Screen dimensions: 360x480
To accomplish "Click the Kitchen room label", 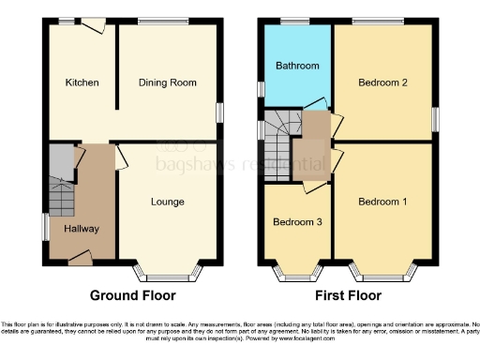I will (x=82, y=82).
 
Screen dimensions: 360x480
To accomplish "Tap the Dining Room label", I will (x=168, y=82).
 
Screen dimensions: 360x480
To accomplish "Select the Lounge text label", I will (x=168, y=202).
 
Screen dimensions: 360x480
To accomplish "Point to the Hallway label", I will (x=82, y=229).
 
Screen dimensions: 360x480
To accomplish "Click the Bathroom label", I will (x=296, y=67).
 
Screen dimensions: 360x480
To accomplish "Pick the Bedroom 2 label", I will (x=382, y=82).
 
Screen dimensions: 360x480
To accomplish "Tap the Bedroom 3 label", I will (x=296, y=222).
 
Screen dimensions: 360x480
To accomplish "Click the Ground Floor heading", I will (x=132, y=294).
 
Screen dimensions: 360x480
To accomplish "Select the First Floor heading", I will (x=347, y=294).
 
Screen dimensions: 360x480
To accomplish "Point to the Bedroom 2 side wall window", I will (x=435, y=119).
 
